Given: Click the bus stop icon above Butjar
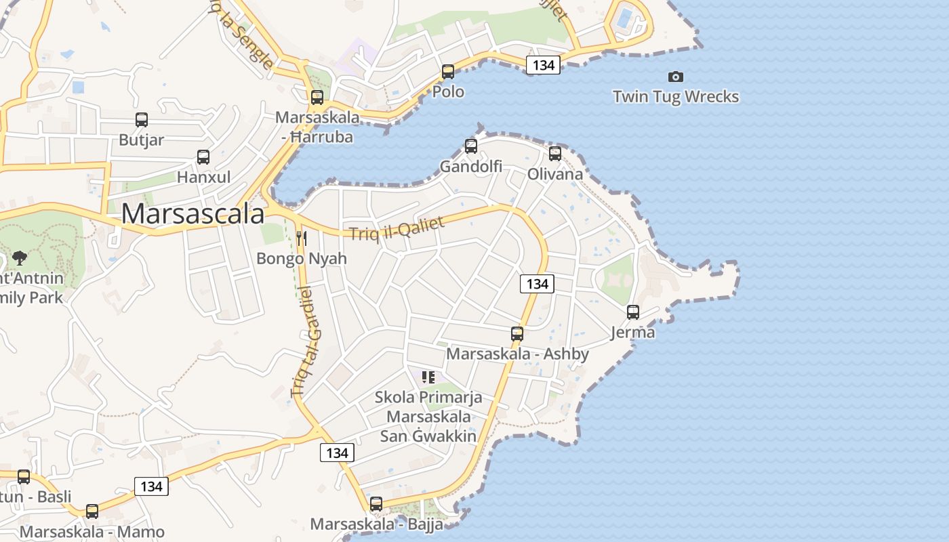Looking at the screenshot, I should click(142, 120).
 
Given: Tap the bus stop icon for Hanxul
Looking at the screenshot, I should click(203, 157).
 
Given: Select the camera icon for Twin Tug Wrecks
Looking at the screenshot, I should click(676, 77).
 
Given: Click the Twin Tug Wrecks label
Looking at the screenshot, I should click(676, 97).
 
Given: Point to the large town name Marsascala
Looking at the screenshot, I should click(193, 214).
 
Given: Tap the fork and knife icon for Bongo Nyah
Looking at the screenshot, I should click(302, 238).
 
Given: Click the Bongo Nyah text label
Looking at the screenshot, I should click(302, 258).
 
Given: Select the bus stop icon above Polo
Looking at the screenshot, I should click(448, 72).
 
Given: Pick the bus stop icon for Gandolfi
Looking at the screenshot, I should click(471, 146).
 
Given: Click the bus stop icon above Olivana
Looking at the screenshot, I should click(555, 154).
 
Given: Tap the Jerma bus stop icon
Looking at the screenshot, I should click(633, 312).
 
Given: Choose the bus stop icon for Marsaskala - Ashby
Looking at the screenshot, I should click(517, 334).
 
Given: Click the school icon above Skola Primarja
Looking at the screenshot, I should click(428, 377).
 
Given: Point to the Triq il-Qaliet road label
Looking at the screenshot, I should click(397, 228).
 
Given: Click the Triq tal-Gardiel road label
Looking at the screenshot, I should click(307, 342).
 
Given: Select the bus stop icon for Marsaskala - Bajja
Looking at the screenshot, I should click(376, 504).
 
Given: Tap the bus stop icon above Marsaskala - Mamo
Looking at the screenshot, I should click(92, 512).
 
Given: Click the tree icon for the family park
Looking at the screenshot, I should click(20, 257).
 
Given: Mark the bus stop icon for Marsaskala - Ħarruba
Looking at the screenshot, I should click(317, 98).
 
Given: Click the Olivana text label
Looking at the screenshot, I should click(555, 174).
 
